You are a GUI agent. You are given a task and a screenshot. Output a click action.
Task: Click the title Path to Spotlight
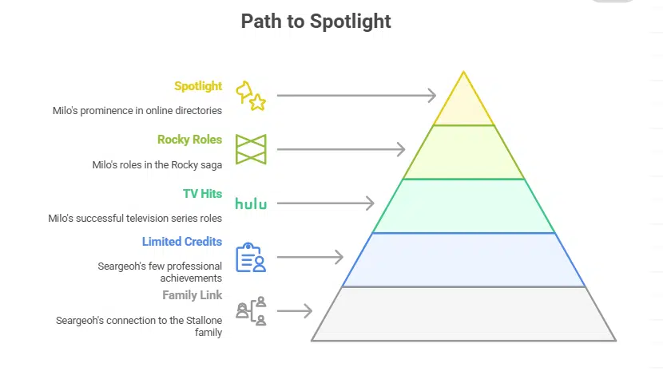(x=316, y=22)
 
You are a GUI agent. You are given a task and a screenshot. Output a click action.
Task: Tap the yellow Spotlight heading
(x=198, y=86)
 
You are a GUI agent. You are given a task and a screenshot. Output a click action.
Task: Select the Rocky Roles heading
(x=189, y=140)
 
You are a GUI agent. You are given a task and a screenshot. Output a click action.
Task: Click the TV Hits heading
(x=202, y=193)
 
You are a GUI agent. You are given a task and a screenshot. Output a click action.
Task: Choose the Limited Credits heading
(x=182, y=242)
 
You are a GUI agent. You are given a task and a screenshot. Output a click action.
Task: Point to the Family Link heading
(x=192, y=295)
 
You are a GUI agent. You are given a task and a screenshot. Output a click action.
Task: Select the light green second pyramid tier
(x=463, y=152)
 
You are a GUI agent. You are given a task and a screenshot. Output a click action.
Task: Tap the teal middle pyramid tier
(x=463, y=206)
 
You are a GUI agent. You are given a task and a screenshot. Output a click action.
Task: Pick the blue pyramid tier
(x=463, y=259)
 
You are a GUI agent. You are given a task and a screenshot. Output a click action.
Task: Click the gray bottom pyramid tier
(x=463, y=314)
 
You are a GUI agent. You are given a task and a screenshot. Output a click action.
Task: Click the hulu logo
(x=250, y=203)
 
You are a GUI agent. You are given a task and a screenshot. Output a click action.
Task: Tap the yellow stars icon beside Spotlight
(x=250, y=96)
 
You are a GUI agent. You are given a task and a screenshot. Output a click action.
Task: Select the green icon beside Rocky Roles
(x=251, y=149)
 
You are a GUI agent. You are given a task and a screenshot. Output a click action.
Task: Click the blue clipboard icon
(x=250, y=258)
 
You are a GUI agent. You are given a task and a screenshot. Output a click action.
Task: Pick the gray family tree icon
(x=250, y=311)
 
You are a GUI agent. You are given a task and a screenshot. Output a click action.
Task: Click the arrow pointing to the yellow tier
(x=355, y=96)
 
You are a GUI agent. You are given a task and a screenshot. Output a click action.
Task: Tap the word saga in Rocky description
(x=210, y=165)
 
